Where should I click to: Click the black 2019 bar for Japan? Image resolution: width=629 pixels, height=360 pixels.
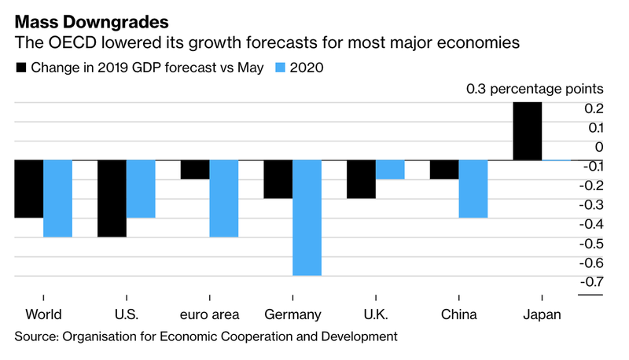pos(528,131)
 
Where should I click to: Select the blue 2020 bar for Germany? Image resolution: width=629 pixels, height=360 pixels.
pos(307,218)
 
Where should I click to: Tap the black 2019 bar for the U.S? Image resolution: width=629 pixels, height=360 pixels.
pos(112,198)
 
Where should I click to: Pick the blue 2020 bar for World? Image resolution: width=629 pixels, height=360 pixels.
pos(57,198)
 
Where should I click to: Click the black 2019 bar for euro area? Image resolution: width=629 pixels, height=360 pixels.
pos(195,170)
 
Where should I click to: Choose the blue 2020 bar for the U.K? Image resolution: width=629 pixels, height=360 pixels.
pos(390,170)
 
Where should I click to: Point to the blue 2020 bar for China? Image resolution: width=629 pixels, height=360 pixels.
pos(473,189)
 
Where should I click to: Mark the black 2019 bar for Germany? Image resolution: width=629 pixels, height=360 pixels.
pos(278,179)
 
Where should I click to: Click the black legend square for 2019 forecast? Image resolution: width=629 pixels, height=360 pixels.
pos(21,68)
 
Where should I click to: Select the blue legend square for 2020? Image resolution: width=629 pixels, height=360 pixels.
pos(280,68)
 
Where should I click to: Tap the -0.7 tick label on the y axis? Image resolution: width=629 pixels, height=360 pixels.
pos(591,282)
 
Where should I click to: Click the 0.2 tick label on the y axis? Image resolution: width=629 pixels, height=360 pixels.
pos(594,108)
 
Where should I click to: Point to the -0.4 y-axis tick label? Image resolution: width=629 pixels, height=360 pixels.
pos(591,224)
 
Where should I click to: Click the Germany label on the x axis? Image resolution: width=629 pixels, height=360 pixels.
pos(292,314)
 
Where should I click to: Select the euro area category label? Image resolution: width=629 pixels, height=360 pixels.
pos(209,314)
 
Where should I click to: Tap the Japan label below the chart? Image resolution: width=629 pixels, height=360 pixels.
pos(542,314)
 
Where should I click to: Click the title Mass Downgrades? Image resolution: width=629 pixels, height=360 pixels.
pos(92,22)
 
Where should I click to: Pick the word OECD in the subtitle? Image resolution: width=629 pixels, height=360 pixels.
pos(72,42)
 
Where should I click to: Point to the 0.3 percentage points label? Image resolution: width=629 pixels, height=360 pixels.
pos(535,89)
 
